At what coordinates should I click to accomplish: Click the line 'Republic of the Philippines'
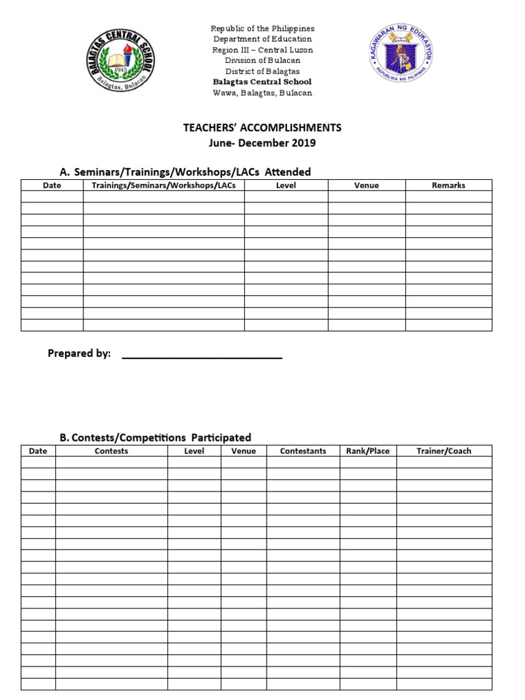(x=262, y=29)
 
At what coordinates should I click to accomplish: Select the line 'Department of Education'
(x=262, y=39)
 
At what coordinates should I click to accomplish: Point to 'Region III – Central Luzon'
(x=262, y=50)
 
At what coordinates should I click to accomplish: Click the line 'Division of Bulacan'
(x=262, y=61)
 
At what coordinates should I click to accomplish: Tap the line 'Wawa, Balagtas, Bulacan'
(x=262, y=93)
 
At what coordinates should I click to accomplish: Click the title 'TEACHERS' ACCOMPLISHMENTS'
(x=262, y=128)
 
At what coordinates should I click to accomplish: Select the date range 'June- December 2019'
(x=262, y=143)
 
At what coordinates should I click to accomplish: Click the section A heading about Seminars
(x=185, y=172)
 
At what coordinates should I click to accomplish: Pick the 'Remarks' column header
(x=448, y=185)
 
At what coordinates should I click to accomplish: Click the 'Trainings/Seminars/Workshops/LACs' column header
(x=163, y=185)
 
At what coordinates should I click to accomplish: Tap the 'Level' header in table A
(x=286, y=185)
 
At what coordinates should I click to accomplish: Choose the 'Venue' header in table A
(x=366, y=185)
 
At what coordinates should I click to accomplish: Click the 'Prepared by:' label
(x=79, y=353)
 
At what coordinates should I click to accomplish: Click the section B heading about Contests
(x=155, y=437)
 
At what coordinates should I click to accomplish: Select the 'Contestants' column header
(x=303, y=451)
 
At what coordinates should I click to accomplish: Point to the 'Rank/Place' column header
(x=368, y=451)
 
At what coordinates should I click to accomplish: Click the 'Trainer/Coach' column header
(x=444, y=451)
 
